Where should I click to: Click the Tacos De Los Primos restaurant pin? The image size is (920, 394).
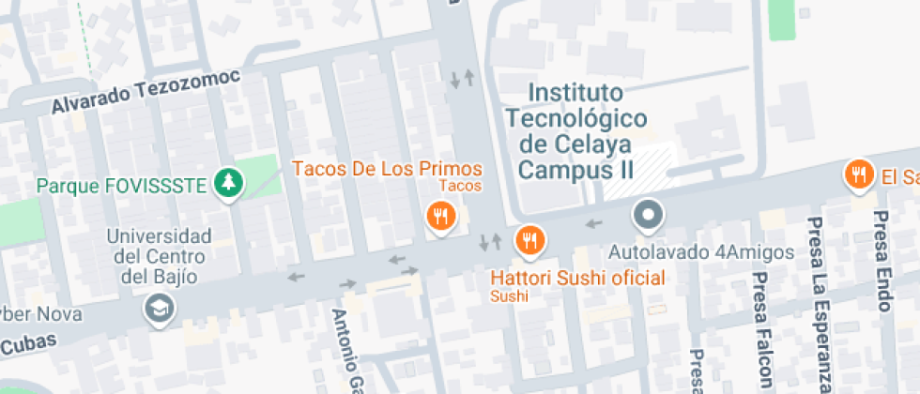pos(440,217)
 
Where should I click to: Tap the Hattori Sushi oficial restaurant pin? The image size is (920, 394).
pos(529,240)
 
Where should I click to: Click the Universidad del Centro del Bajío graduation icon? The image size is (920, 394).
pos(158,307)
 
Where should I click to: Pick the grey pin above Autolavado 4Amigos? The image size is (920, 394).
pos(648,216)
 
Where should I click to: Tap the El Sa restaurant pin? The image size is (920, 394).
pos(857,174)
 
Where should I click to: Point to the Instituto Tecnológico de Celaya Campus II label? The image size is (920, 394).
pos(575,131)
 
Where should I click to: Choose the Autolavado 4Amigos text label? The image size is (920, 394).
pos(701,252)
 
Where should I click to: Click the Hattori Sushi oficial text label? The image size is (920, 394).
pos(577,278)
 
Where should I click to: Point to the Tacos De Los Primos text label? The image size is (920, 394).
pos(387,169)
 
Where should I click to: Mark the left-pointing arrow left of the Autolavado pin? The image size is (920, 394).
pos(592,223)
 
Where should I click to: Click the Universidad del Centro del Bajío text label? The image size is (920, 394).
pos(159,255)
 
